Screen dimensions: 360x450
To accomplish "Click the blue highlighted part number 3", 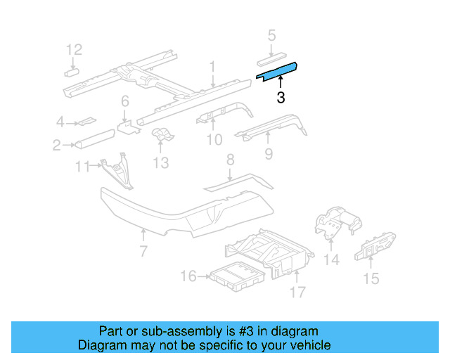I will point(277,70).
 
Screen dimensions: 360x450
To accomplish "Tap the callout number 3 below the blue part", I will point(281,98).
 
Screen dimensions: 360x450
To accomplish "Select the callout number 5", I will point(272,35).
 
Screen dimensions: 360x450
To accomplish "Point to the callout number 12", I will point(75,49).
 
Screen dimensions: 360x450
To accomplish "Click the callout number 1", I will point(212,66).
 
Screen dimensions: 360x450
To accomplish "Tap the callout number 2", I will point(56,146).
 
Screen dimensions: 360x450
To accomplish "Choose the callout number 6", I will point(124,101).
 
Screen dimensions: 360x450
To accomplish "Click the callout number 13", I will point(161,162).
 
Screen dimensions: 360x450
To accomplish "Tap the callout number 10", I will point(214,140).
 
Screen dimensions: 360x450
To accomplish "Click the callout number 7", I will point(143,251).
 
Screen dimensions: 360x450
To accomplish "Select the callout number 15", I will point(371,278).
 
